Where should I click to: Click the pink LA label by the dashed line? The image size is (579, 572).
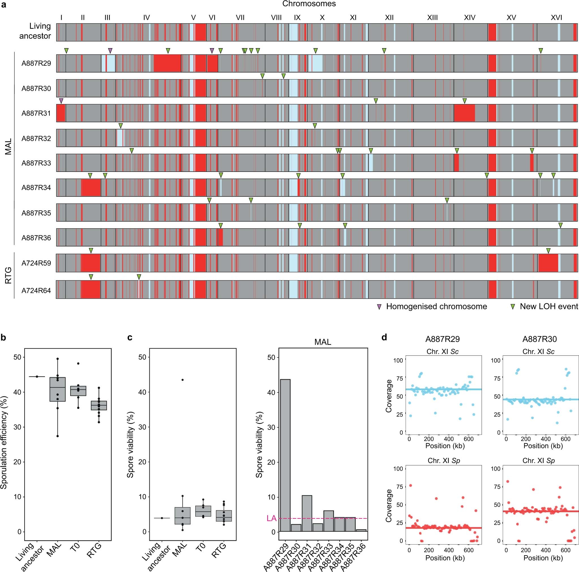(271, 518)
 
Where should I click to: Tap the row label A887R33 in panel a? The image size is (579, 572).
(36, 163)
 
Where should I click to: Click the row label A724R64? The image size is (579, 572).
(36, 290)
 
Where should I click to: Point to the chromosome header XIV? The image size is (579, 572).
(469, 18)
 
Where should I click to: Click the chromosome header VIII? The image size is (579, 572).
(276, 18)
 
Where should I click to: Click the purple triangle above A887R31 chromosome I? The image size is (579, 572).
(61, 101)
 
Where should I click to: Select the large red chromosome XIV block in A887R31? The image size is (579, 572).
(464, 113)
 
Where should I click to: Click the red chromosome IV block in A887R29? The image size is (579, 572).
(167, 63)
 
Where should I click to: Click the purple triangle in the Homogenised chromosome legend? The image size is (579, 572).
(379, 307)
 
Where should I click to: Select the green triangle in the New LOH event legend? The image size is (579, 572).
(513, 307)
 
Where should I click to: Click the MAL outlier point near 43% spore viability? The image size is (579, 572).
(183, 380)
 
